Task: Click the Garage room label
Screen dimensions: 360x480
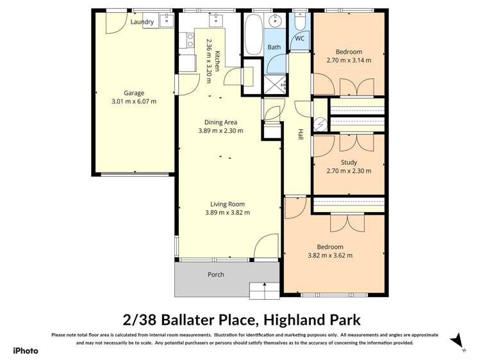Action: pos(134,92)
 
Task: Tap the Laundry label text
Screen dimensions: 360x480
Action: pos(142,22)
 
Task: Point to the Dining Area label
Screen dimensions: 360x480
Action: pos(220,122)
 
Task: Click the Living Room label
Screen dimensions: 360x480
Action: pos(227,204)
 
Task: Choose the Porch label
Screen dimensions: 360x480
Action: pos(216,275)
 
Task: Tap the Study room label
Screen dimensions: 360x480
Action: pos(349,162)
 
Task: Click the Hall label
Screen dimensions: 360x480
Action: pos(300,134)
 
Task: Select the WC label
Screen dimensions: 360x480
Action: pos(299,38)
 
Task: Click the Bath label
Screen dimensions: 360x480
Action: pos(274,47)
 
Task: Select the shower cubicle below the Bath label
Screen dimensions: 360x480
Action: pos(276,83)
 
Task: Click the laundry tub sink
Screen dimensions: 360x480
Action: pos(166,20)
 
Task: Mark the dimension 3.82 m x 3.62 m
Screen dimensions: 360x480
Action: pos(330,256)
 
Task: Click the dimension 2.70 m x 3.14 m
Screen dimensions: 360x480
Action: pos(349,61)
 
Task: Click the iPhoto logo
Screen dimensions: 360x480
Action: pos(26,350)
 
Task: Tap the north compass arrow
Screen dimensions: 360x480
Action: pos(456,340)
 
